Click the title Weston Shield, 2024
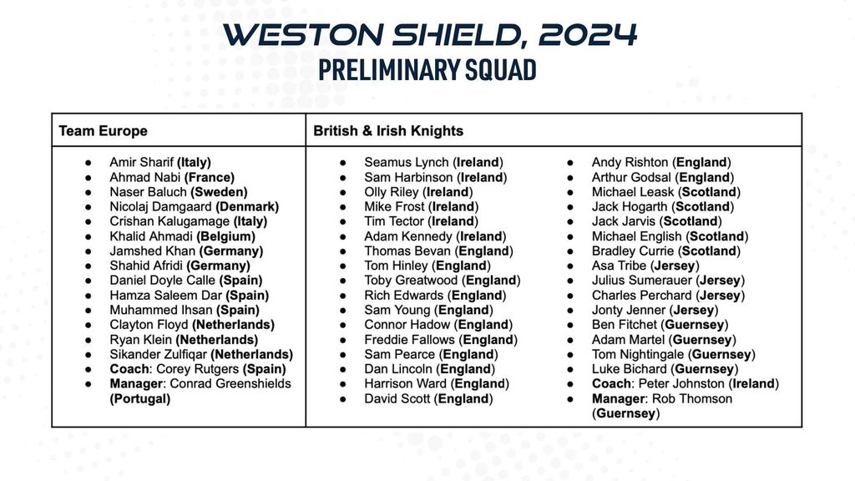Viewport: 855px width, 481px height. pos(430,35)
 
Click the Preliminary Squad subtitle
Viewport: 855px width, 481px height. pos(427,70)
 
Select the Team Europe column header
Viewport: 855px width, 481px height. pos(103,131)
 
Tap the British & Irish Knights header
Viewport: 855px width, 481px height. pos(388,131)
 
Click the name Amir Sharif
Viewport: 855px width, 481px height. pos(142,163)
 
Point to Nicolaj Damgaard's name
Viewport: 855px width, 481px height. pos(160,207)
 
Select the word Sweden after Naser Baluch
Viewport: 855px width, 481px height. pos(219,192)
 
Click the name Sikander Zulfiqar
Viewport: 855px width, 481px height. pos(158,354)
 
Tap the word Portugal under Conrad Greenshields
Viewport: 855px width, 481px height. pos(140,398)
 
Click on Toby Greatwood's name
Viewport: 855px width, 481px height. pos(411,281)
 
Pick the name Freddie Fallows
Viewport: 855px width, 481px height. pos(409,340)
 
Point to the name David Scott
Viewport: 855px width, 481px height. pos(397,398)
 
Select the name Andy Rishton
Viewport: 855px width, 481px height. pos(630,163)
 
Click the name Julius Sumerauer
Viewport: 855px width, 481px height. pos(635,281)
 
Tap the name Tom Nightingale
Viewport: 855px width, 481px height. pos(638,354)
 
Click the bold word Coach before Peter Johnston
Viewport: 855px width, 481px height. pos(611,384)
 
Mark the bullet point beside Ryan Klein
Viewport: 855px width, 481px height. pos(89,341)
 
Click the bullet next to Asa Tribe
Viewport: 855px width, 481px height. pos(570,266)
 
